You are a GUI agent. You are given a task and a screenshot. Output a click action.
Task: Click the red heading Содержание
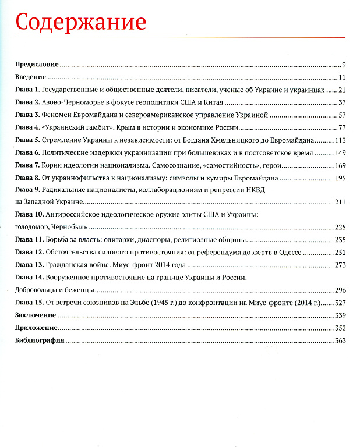point(80,22)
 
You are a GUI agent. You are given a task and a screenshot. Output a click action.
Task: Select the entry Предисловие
point(37,65)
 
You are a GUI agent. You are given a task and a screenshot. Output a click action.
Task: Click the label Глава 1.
point(27,90)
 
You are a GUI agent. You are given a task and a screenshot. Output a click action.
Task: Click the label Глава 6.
point(27,153)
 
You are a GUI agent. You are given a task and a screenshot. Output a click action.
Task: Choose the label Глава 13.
point(29,265)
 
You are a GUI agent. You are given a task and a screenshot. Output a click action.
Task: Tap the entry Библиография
point(39,340)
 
